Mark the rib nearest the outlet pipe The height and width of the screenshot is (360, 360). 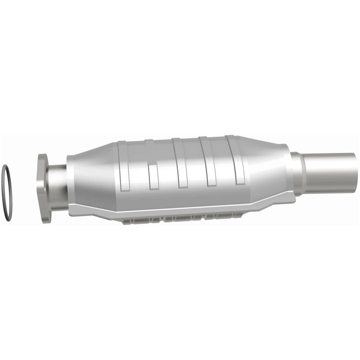pos(237,159)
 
